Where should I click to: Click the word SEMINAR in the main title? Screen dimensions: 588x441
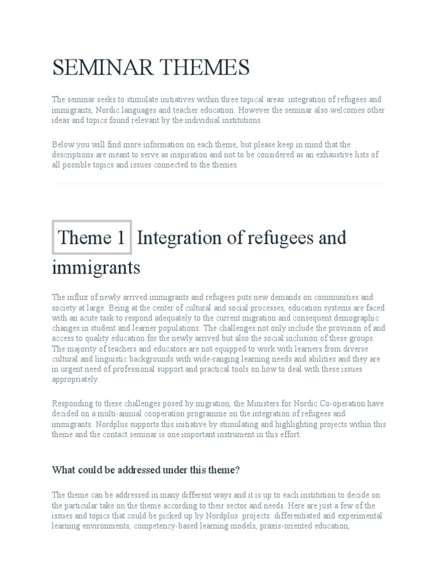[x=100, y=68]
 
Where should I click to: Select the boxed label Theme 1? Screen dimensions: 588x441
[x=92, y=237]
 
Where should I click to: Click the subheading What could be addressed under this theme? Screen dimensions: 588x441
[x=145, y=470]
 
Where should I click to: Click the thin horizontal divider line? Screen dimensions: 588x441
[x=220, y=184]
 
